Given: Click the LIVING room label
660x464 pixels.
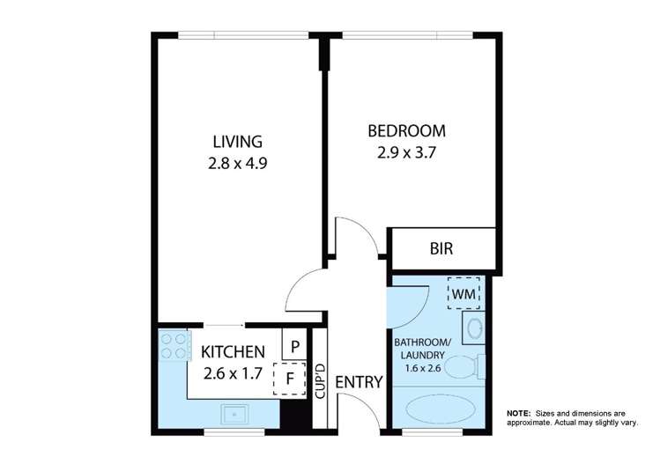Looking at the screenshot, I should pos(237,142).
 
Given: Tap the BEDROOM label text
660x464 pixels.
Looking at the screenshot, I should pos(406,131).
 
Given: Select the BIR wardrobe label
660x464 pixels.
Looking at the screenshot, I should pos(441,249).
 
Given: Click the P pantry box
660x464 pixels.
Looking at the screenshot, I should pos(294,345).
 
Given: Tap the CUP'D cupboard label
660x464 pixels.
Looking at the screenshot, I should pos(321,380).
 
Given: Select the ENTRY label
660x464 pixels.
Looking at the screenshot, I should pos(359,383).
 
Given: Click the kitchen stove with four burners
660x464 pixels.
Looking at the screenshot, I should pos(174,344).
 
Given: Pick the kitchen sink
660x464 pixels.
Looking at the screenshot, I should pos(237,412).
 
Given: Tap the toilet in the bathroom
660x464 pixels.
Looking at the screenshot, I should pos(464,365).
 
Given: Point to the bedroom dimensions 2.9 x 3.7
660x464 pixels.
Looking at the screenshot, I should pos(406,151).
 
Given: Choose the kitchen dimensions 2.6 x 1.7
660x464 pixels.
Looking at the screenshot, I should pos(234,372).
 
